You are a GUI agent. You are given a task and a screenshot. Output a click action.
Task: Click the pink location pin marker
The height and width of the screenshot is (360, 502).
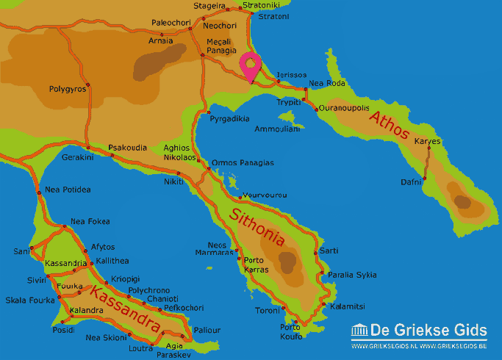pyautogui.click(x=251, y=66)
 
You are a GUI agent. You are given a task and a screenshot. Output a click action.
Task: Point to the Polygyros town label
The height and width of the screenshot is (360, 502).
pyautogui.click(x=68, y=89)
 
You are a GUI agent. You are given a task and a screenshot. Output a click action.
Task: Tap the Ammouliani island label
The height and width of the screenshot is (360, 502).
pyautogui.click(x=277, y=129)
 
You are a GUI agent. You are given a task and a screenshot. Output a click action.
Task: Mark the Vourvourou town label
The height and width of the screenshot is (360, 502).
pyautogui.click(x=264, y=195)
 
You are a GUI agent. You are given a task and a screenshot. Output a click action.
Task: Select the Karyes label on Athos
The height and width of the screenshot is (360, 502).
pyautogui.click(x=427, y=140)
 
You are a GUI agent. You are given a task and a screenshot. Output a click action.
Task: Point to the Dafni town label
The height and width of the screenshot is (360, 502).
pyautogui.click(x=411, y=181)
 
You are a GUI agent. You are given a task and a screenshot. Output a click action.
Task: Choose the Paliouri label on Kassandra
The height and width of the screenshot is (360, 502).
pyautogui.click(x=207, y=330)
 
